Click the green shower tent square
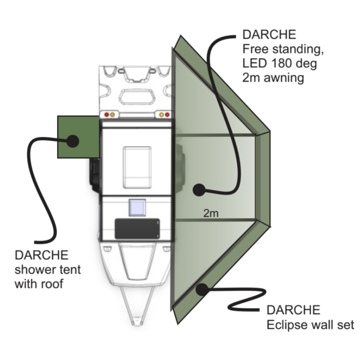(x=78, y=137)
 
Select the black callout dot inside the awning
(x=199, y=190)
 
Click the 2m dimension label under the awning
(x=211, y=213)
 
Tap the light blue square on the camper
(x=137, y=207)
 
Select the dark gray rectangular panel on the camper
(x=137, y=229)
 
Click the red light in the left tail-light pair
(x=106, y=115)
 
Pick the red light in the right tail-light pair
(x=167, y=115)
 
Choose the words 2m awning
(x=273, y=78)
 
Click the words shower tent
(x=48, y=269)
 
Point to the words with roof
(x=39, y=283)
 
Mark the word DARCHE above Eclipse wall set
(x=294, y=310)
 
